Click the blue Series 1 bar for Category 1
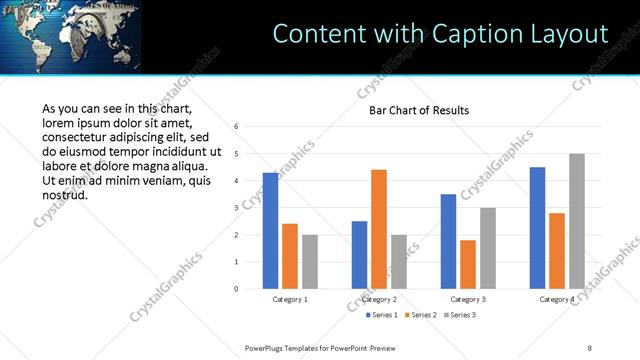pyautogui.click(x=270, y=231)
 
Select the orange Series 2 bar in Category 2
pyautogui.click(x=378, y=229)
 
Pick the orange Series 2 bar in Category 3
pyautogui.click(x=467, y=264)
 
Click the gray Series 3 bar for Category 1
pyautogui.click(x=309, y=262)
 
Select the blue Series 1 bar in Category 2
pyautogui.click(x=359, y=255)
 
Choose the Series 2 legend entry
pyautogui.click(x=419, y=315)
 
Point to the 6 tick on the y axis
pyautogui.click(x=236, y=127)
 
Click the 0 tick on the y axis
pyautogui.click(x=236, y=289)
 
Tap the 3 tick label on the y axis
pyautogui.click(x=236, y=208)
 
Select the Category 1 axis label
pyautogui.click(x=290, y=299)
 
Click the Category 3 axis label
pyautogui.click(x=468, y=299)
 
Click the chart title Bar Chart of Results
pyautogui.click(x=412, y=110)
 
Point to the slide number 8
pyautogui.click(x=590, y=347)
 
